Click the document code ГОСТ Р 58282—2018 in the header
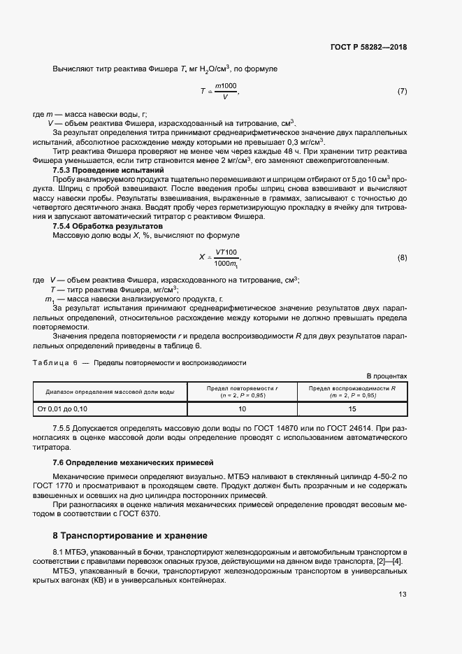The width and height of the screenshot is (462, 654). [368, 48]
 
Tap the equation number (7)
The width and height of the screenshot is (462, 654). [402, 92]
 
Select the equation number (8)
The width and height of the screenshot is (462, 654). [402, 257]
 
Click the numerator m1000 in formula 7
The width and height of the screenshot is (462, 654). [226, 85]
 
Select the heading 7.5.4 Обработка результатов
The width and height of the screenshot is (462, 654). [98, 227]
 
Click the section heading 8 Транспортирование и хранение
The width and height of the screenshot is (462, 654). [130, 536]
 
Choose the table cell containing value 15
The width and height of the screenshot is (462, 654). [352, 408]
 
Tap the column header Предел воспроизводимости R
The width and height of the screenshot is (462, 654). [352, 392]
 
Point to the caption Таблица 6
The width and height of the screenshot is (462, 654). [55, 363]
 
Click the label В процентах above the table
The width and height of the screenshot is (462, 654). [387, 376]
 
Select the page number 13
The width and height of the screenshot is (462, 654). [402, 595]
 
